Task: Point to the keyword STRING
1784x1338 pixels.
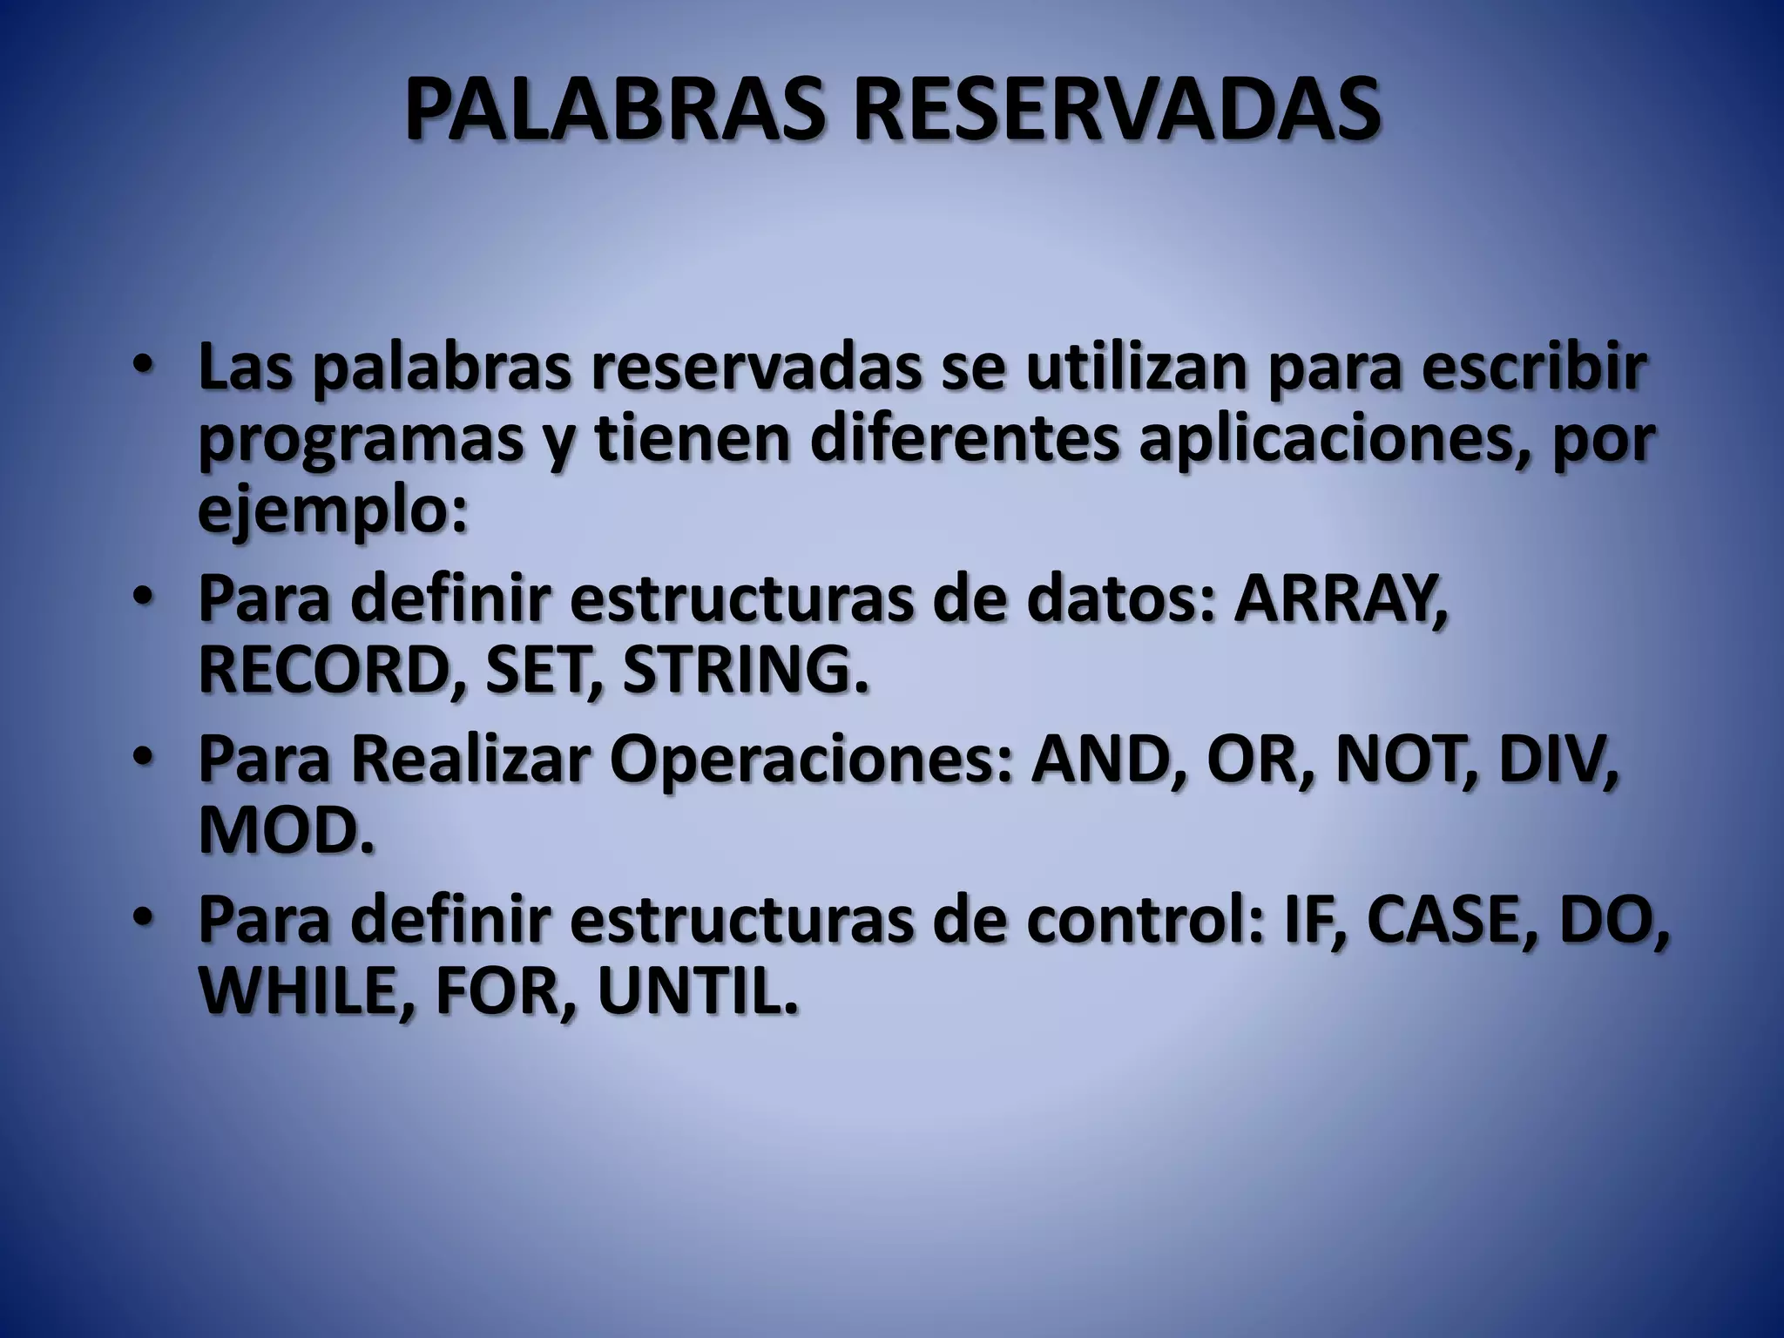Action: tap(747, 672)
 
